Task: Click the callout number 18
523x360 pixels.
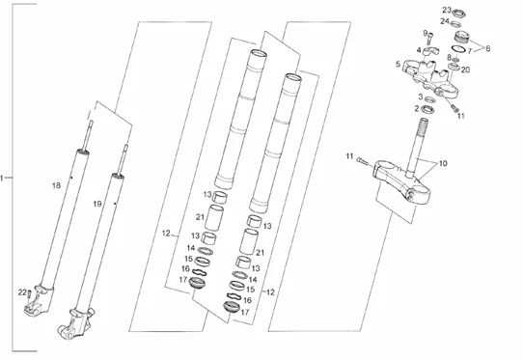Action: tap(56, 185)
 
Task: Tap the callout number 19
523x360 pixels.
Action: tap(97, 204)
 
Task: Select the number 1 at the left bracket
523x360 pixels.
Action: tap(2, 178)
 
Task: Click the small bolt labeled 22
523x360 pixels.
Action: tap(29, 294)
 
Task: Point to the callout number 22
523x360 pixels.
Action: tap(22, 292)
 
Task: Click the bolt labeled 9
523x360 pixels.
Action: tap(430, 38)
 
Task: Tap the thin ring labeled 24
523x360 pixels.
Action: tap(455, 24)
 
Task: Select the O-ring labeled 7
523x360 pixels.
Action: tap(459, 48)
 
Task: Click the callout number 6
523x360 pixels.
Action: tap(487, 48)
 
